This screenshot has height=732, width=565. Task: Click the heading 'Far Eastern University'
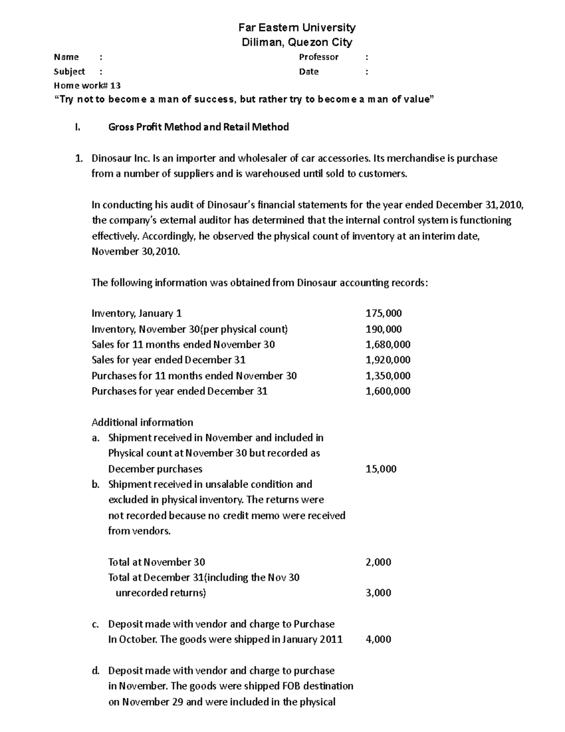coord(297,27)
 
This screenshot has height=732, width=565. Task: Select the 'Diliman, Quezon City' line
coord(297,42)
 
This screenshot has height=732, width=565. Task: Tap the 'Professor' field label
coord(319,57)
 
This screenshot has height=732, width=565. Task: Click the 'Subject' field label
coord(69,72)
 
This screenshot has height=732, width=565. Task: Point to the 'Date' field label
coord(309,72)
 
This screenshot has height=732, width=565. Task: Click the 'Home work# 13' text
coord(87,85)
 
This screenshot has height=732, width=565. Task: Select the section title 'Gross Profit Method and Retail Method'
coord(198,127)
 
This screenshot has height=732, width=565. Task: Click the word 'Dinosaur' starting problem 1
coord(112,158)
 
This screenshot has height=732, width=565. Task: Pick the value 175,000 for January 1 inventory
coord(383,313)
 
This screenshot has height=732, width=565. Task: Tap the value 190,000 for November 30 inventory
coord(383,329)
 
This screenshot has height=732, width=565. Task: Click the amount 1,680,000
coord(387,345)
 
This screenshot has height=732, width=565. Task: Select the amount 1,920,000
coord(387,360)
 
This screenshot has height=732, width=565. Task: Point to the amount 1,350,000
coord(387,376)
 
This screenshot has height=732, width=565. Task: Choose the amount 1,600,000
coord(387,391)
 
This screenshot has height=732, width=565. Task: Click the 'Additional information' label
coord(142,422)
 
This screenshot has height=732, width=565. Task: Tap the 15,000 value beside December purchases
coord(381,469)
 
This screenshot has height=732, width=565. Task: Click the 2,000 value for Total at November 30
coord(378,562)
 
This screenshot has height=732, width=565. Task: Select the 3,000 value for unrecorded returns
coord(378,593)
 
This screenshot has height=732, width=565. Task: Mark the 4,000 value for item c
coord(378,640)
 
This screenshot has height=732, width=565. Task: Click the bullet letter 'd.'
coord(96,671)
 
